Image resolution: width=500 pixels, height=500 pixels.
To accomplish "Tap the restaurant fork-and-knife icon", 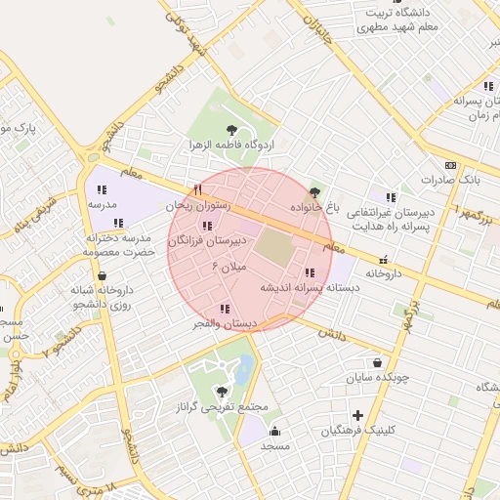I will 198,189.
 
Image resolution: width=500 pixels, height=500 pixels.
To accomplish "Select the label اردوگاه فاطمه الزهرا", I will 232,145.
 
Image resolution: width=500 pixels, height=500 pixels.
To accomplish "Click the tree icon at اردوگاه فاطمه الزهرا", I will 232,128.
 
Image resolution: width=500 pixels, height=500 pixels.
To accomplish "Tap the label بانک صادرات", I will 451,181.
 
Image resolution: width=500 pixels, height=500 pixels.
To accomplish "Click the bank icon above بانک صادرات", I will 450,165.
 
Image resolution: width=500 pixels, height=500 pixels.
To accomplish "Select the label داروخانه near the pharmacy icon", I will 384,274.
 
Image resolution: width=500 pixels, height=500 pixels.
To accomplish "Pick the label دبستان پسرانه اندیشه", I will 305,288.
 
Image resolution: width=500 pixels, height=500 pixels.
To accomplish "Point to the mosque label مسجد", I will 274,445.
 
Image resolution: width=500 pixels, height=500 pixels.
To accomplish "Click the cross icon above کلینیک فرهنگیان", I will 358,415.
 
